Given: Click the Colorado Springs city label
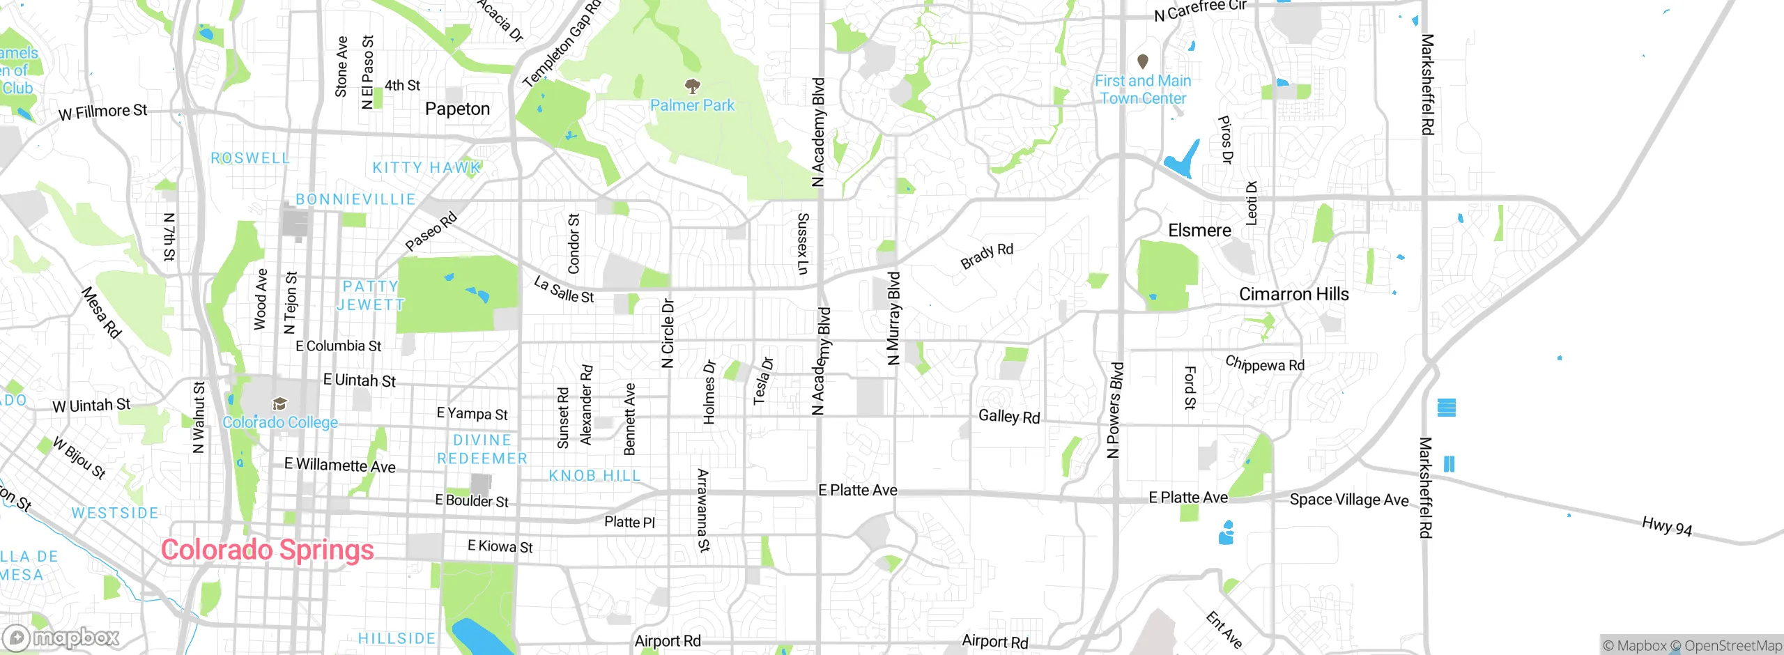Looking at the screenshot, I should [x=268, y=550].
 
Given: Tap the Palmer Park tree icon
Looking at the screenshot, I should [x=692, y=86].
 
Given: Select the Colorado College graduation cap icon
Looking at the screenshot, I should [x=279, y=403].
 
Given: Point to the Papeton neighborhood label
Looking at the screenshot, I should [x=457, y=109].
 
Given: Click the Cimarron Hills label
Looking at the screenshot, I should [x=1293, y=294].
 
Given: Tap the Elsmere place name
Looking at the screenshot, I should [x=1199, y=231].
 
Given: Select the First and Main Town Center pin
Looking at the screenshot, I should [x=1143, y=61].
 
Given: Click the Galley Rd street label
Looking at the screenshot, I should [x=1008, y=417].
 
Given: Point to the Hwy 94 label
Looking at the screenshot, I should [x=1666, y=526].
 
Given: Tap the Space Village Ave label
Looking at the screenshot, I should [x=1348, y=500].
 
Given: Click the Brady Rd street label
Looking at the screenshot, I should [x=986, y=256].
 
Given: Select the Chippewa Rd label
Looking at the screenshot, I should [x=1264, y=364].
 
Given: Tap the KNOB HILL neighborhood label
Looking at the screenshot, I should [x=594, y=476].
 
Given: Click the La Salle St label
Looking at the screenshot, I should [x=564, y=290].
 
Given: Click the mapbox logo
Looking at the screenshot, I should [x=61, y=637].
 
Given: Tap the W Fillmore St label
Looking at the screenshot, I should [x=102, y=112].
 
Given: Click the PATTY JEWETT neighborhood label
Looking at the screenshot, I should [x=370, y=295].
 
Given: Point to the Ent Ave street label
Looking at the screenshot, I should [x=1224, y=629].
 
